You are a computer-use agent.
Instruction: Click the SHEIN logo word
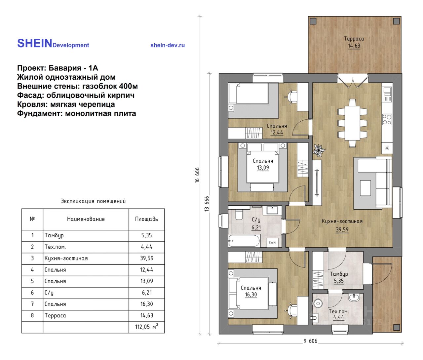pos(35,43)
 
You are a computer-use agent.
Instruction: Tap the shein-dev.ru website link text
pos(168,45)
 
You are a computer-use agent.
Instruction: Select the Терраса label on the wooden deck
pos(354,38)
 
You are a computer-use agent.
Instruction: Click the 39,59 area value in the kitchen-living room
pos(342,229)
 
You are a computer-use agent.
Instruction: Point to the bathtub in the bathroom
pos(244,241)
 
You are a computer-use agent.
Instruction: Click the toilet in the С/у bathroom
pos(239,215)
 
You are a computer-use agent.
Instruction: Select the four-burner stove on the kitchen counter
pos(387,120)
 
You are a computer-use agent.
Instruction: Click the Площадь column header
pos(146,219)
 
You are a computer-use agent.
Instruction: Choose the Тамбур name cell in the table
pos(54,235)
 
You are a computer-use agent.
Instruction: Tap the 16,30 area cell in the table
pos(146,304)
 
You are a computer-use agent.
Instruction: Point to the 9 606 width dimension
pos(310,341)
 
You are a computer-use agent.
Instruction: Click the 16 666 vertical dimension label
pos(197,175)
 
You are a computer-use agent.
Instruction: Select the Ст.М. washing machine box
pos(272,243)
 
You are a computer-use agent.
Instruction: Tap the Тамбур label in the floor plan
pos(339,274)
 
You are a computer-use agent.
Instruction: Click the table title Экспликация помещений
pos(93,201)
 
